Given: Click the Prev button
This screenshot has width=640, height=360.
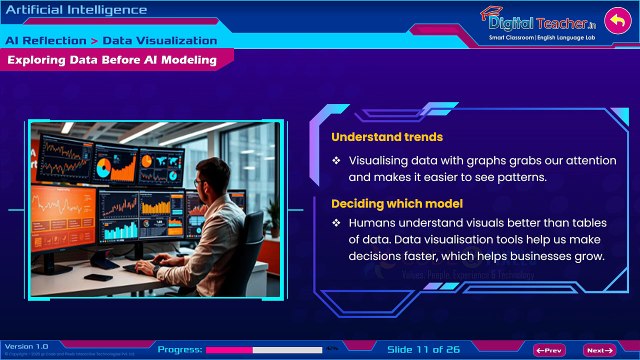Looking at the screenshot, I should [x=551, y=350].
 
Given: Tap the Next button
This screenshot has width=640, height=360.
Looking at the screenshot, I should [x=599, y=350].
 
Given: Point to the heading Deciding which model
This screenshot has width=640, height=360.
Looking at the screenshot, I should [x=389, y=204].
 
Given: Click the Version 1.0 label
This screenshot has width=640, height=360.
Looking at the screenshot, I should [x=27, y=346].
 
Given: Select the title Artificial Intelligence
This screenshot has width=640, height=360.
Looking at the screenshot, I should [x=76, y=10].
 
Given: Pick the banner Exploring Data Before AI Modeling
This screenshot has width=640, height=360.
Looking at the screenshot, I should [x=111, y=61].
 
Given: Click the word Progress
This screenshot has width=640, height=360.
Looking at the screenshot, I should [x=180, y=350].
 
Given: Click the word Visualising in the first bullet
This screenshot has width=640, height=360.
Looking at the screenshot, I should [x=385, y=160].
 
